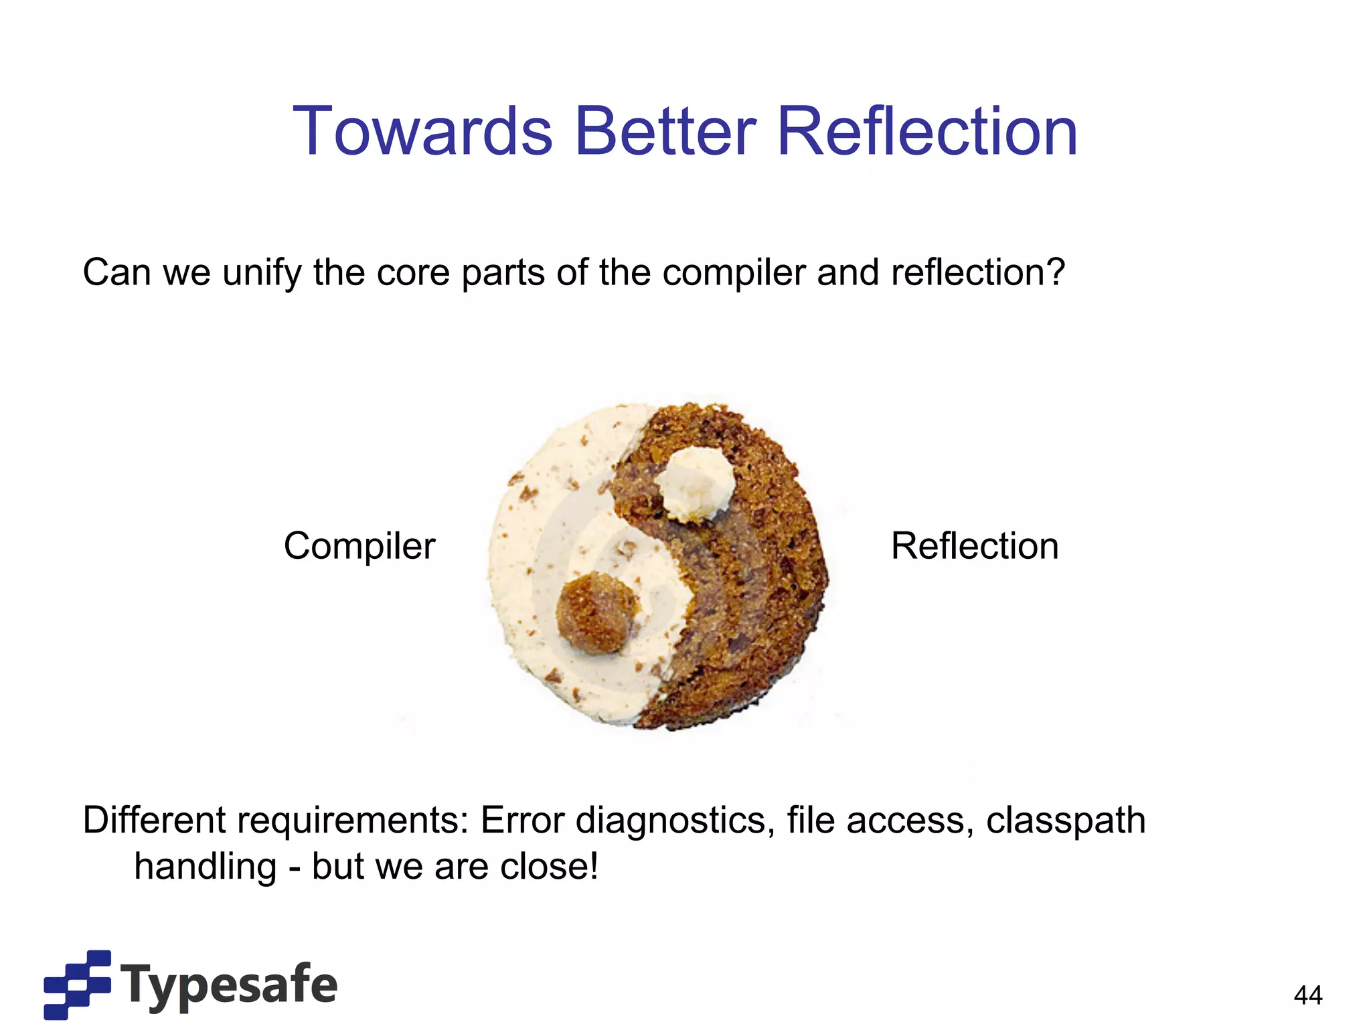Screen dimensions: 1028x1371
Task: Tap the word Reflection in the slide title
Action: [x=927, y=132]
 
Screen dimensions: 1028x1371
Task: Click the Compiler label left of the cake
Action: [x=359, y=546]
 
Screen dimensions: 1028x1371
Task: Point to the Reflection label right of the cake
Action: [x=975, y=546]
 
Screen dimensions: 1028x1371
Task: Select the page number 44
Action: [x=1308, y=995]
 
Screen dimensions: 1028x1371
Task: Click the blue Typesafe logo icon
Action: [x=77, y=984]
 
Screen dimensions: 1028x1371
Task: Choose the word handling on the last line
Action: [x=206, y=868]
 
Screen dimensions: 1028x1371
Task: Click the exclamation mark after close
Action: [x=593, y=866]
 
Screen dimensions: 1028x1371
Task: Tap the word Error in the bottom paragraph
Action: [x=523, y=821]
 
